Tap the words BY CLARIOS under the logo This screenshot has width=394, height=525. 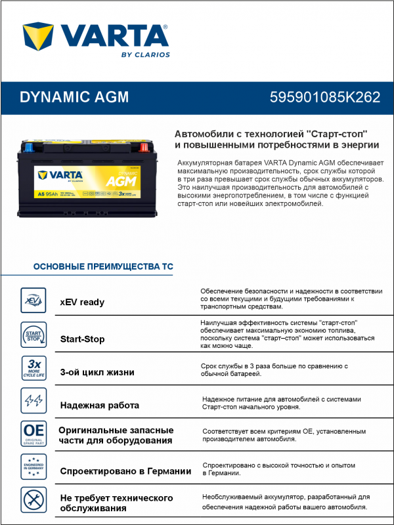[145, 54]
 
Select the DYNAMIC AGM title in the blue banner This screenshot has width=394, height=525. [74, 97]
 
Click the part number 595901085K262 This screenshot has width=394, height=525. [325, 97]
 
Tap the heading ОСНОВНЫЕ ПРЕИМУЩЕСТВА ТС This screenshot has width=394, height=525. [103, 267]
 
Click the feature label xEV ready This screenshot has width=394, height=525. [82, 303]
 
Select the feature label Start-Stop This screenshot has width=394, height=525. [82, 339]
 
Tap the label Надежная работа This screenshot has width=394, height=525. [100, 405]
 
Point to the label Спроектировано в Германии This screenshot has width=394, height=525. [125, 471]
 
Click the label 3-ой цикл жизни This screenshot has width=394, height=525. [97, 372]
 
